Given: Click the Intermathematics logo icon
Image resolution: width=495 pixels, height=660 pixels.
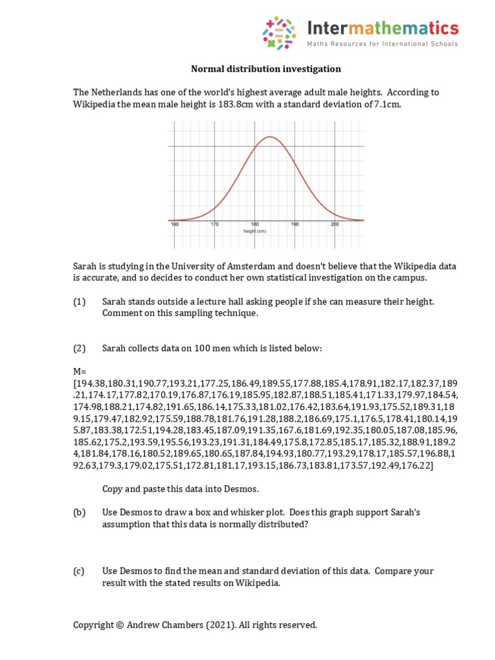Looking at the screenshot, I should coord(279,34).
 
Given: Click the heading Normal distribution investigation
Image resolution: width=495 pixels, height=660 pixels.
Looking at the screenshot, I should coord(266,69).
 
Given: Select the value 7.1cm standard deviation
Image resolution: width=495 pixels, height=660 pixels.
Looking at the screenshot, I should coord(387,104).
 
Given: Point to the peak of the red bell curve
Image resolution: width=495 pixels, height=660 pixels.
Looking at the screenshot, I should coord(271,137).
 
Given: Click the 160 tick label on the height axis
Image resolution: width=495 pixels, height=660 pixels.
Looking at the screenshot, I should coord(174,224).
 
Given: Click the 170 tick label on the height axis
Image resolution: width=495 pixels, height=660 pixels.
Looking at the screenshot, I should coord(215,224).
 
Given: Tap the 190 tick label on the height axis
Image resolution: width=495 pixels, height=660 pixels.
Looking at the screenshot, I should coord(295,224).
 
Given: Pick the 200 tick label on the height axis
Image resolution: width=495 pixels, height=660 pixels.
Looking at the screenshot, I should coord(335,224).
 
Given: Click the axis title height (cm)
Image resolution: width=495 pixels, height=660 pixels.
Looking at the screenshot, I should coord(255,230).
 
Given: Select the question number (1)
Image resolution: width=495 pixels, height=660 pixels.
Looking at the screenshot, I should coord(79,302).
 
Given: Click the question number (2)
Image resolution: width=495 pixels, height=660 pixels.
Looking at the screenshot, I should coord(79,349).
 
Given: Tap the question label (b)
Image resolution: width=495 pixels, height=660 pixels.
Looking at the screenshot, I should coord(79,512).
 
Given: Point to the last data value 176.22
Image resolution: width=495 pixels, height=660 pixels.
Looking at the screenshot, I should coord(419,465).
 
